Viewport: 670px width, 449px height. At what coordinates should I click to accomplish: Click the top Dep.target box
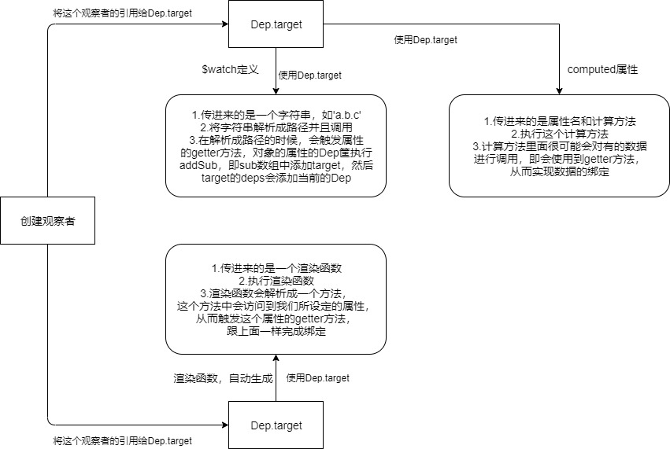[276, 24]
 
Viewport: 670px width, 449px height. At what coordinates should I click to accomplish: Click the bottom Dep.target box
[276, 425]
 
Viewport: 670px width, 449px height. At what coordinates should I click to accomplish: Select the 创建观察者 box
[47, 222]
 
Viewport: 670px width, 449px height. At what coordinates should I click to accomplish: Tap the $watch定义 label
[231, 69]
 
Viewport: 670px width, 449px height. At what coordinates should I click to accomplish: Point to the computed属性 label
[602, 69]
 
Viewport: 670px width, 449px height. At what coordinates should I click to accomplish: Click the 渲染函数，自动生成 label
[223, 378]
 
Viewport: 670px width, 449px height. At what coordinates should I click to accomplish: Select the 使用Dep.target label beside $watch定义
[310, 75]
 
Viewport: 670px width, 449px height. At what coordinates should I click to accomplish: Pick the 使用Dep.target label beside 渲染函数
[318, 378]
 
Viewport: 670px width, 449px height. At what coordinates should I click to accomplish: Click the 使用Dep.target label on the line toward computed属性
[425, 39]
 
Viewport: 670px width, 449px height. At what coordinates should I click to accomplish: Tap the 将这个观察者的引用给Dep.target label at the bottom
[122, 441]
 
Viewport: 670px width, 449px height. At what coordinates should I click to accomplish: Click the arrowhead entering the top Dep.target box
[224, 24]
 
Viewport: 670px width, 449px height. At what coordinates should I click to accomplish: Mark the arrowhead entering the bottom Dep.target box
[224, 425]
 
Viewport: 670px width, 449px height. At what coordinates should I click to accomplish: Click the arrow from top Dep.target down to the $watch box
[276, 71]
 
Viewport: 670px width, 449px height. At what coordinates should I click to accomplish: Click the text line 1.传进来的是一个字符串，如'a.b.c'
[276, 115]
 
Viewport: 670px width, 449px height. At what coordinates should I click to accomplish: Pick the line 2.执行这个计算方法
[559, 134]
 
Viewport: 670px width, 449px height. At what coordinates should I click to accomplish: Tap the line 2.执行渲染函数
[276, 281]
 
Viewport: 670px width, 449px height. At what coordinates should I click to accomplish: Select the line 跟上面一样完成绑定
[276, 331]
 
